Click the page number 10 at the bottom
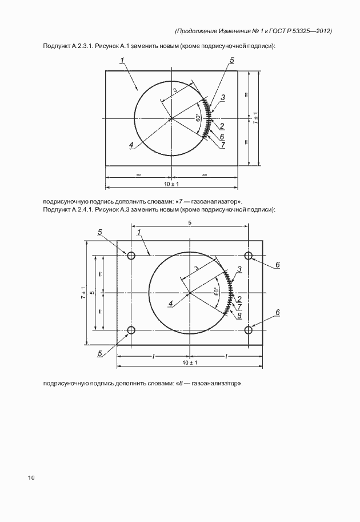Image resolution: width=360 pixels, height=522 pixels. tap(31, 478)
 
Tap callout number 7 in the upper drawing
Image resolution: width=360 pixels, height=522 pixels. tap(222, 145)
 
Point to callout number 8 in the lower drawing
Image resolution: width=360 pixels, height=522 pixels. tap(239, 315)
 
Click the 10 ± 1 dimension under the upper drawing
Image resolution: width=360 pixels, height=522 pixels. tap(171, 184)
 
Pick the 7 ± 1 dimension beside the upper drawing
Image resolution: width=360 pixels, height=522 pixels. tap(255, 118)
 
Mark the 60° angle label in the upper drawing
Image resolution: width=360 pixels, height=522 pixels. tap(198, 118)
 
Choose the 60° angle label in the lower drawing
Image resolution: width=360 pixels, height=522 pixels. tap(217, 292)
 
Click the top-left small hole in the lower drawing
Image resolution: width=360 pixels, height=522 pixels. tap(131, 255)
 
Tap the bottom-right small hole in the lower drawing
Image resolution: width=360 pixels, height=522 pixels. tap(249, 330)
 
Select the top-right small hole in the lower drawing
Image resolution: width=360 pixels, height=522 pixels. tap(249, 255)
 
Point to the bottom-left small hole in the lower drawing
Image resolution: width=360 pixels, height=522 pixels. tap(131, 330)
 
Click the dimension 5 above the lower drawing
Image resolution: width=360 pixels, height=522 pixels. tap(190, 222)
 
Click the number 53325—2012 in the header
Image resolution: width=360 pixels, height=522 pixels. tap(311, 31)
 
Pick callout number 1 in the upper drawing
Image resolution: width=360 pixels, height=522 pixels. tap(122, 61)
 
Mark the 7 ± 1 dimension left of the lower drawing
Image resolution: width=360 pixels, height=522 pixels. tap(83, 292)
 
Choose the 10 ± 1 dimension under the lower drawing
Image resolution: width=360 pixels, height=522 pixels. tap(189, 363)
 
